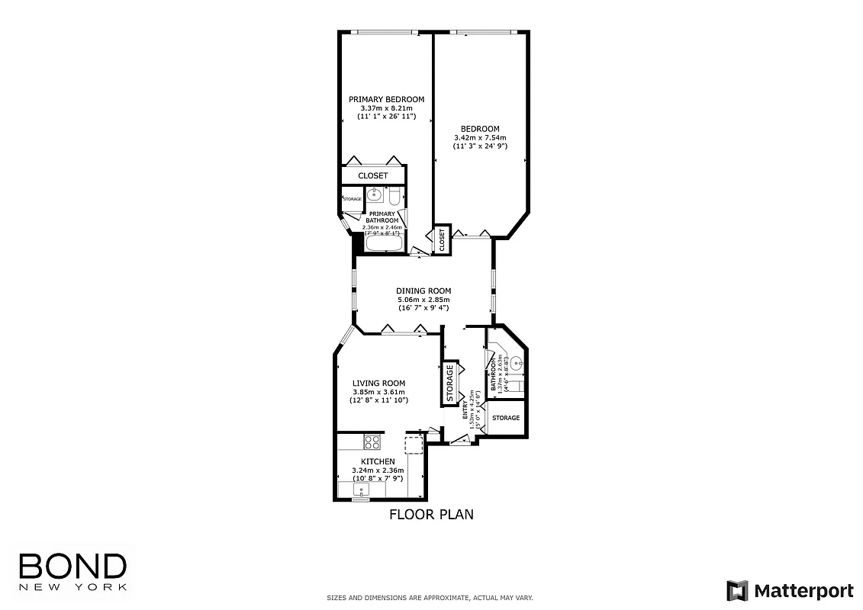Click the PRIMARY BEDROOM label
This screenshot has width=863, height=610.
tap(386, 99)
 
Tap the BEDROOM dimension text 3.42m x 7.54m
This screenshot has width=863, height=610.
tap(480, 137)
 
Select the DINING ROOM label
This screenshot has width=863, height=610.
tap(423, 291)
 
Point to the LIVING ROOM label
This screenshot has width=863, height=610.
tap(378, 384)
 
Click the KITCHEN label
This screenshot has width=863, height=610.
tap(378, 462)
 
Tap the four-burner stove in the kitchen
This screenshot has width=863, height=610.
tap(372, 441)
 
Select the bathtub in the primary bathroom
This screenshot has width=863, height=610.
tap(384, 244)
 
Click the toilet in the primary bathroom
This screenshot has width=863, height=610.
tap(393, 197)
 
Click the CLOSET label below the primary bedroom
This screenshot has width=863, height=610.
tap(373, 175)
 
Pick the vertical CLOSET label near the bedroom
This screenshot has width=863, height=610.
tap(442, 240)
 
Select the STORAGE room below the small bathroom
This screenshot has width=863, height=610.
tap(506, 418)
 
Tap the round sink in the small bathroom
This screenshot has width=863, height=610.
tap(517, 364)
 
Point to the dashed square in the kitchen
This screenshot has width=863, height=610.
tap(413, 445)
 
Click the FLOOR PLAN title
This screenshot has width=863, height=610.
tap(431, 515)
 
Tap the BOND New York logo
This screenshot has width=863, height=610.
tap(72, 571)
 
